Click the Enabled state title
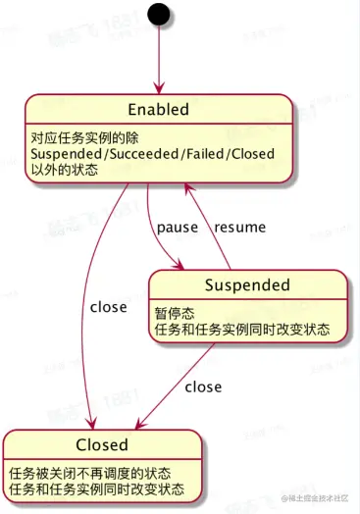coord(158,109)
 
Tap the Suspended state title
coord(247,285)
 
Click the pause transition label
coord(177,227)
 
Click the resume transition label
coord(240,227)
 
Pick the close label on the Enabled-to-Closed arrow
coord(108,307)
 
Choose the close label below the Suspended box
coord(203,386)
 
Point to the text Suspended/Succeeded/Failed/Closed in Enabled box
coord(152,154)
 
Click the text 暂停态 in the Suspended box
coord(175,313)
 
